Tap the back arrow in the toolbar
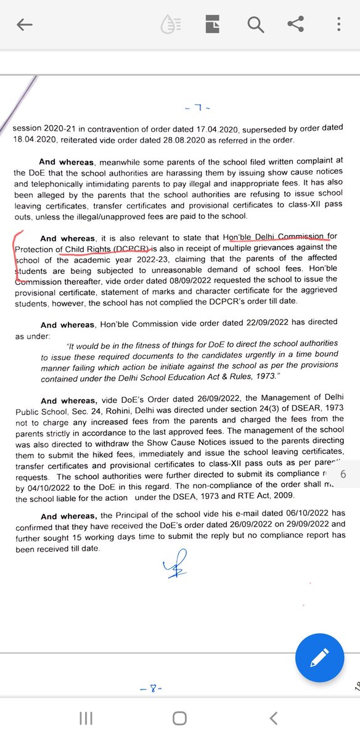coord(25,25)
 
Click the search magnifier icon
coord(255,25)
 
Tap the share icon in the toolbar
coord(296,25)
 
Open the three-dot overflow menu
coord(338,25)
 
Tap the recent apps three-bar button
coord(86,718)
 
